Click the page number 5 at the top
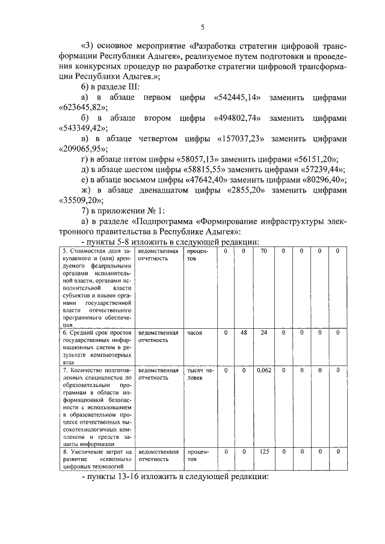coord(203,26)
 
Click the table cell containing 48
coord(244,332)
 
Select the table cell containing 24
coord(263,332)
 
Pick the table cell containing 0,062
coord(263,371)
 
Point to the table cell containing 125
coord(263,451)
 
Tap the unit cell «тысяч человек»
coord(199,374)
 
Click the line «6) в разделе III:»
coord(110,87)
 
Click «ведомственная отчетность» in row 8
coord(158,455)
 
